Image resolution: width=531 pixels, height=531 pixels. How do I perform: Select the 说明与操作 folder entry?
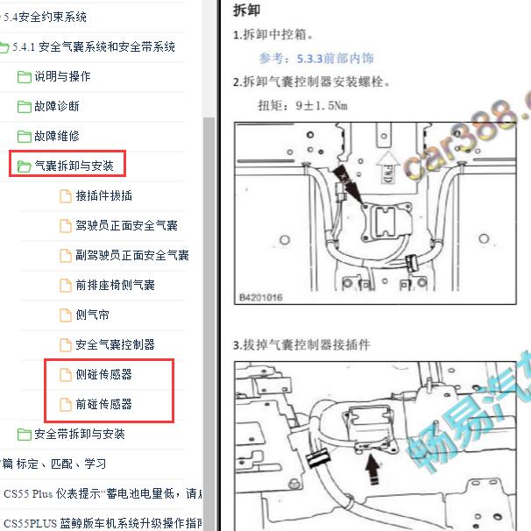tap(61, 76)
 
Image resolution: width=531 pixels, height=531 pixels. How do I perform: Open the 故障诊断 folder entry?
tap(56, 106)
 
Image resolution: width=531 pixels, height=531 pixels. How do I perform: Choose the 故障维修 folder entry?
tap(56, 136)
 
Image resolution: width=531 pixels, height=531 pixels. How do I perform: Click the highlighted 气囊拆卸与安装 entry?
tap(74, 166)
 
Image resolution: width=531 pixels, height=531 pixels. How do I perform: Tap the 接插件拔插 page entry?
tap(103, 195)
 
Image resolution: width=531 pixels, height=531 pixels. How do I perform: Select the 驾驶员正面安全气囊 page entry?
tap(126, 225)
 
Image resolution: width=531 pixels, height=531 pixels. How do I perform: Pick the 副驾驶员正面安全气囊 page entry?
tap(131, 255)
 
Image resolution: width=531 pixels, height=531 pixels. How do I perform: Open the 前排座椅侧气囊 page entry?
tap(115, 285)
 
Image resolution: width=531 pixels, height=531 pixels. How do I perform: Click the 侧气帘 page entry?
tap(92, 315)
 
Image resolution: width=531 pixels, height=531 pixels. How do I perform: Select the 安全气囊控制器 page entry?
tap(115, 344)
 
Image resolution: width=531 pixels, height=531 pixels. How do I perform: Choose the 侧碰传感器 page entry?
tap(103, 374)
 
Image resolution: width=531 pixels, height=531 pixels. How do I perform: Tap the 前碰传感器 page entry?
tap(103, 404)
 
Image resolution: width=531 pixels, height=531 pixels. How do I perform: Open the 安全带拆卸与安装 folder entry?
tap(79, 434)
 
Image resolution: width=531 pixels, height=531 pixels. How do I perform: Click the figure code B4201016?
tap(261, 298)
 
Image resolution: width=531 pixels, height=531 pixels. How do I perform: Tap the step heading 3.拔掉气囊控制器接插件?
tap(315, 345)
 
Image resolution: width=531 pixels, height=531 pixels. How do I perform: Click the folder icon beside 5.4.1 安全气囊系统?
tap(5, 47)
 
